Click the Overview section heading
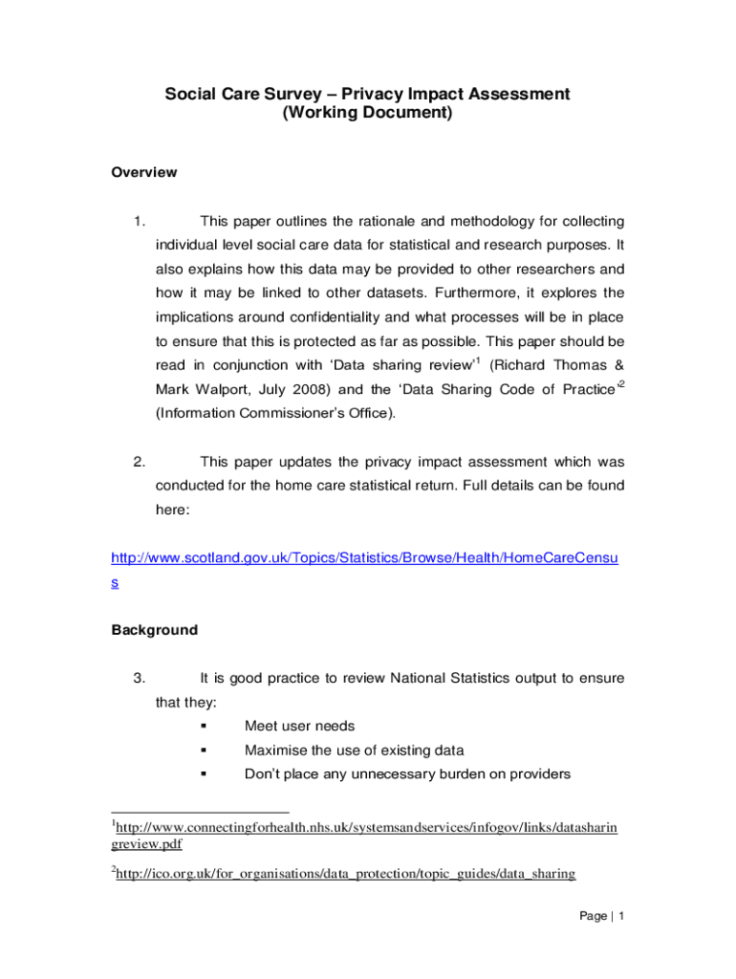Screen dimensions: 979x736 (x=144, y=173)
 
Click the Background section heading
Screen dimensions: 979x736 (x=155, y=630)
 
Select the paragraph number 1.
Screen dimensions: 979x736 (x=140, y=222)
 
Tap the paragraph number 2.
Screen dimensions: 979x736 (x=140, y=462)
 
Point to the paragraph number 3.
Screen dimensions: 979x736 (x=140, y=679)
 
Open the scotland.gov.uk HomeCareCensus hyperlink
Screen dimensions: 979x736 (x=364, y=558)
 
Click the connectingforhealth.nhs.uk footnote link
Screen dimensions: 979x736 (x=364, y=828)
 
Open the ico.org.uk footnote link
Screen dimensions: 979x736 (x=344, y=873)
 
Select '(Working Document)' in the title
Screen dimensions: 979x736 (x=367, y=113)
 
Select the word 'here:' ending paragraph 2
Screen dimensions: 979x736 (x=173, y=510)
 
